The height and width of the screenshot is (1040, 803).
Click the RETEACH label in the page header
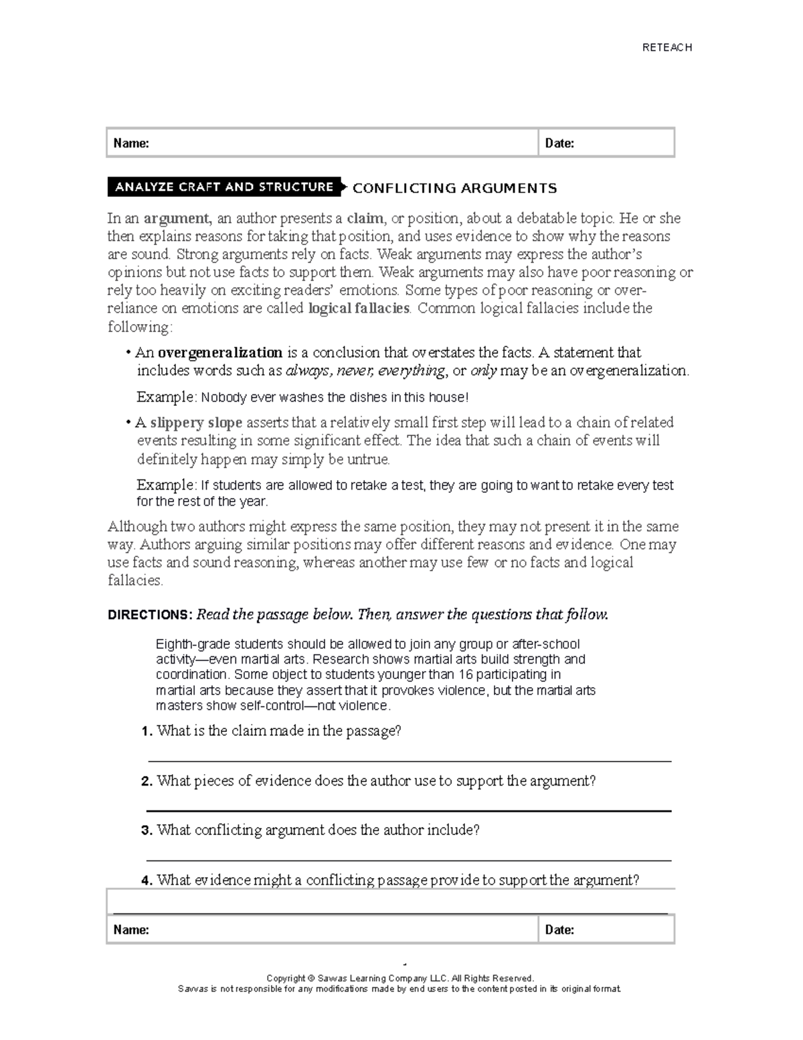tap(666, 48)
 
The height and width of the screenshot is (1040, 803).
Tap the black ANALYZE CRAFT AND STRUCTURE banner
tap(224, 187)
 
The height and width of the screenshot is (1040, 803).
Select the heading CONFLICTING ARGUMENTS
tap(454, 188)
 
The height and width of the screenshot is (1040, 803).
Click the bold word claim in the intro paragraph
tap(365, 218)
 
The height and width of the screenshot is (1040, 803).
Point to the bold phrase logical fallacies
tap(359, 308)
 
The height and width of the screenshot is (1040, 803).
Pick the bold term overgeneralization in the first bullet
tap(219, 352)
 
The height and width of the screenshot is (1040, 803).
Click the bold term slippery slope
tap(196, 423)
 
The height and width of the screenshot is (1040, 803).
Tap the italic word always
tap(308, 371)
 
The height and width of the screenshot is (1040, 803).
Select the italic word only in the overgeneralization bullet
tap(483, 371)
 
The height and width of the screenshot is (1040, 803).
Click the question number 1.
tap(147, 731)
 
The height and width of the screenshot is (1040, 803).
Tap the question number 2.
tap(147, 782)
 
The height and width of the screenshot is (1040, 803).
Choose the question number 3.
tap(147, 830)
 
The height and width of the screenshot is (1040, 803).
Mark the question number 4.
tap(147, 881)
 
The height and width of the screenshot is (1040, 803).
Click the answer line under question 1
tap(408, 761)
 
